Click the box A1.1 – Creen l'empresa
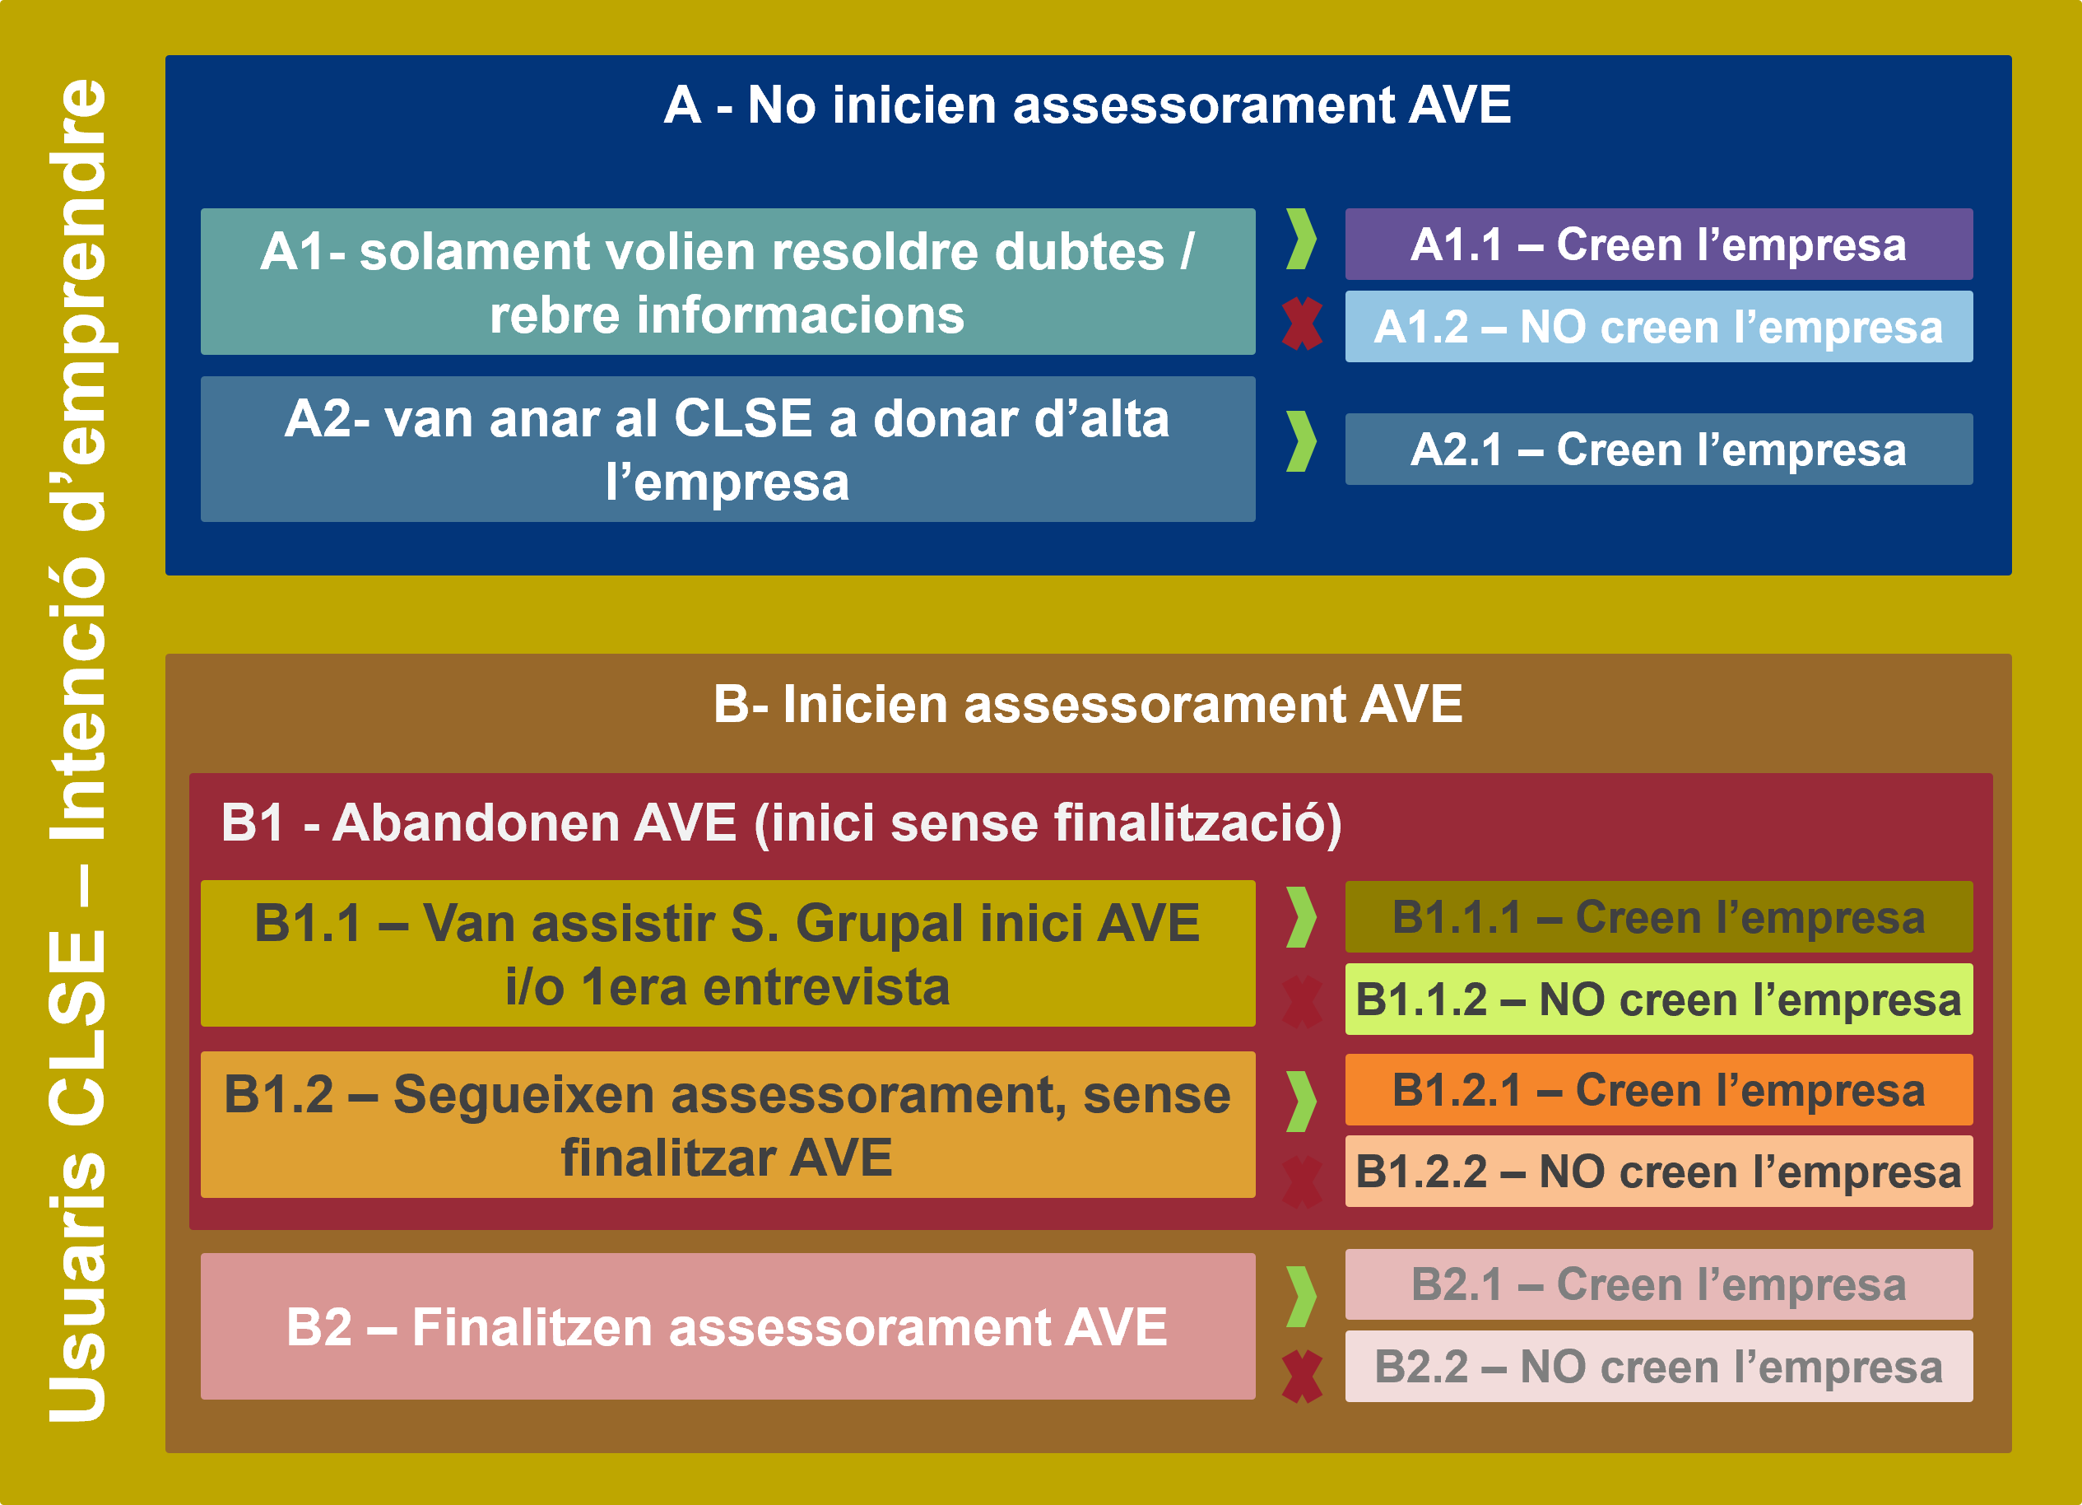[x=1659, y=245]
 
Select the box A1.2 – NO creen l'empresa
[x=1659, y=326]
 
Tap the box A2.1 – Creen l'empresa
[x=1659, y=449]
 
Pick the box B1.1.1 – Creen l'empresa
[x=1659, y=916]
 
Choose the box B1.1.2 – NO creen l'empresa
[x=1659, y=999]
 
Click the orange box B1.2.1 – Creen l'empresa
[x=1659, y=1090]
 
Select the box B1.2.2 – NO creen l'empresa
[x=1659, y=1172]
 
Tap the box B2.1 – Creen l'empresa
[x=1659, y=1284]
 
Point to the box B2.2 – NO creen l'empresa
[x=1659, y=1367]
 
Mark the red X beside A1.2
[x=1303, y=324]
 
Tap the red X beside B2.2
[x=1303, y=1377]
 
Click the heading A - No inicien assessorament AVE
[x=1088, y=105]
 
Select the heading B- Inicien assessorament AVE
[x=1088, y=704]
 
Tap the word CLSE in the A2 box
[x=744, y=419]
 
